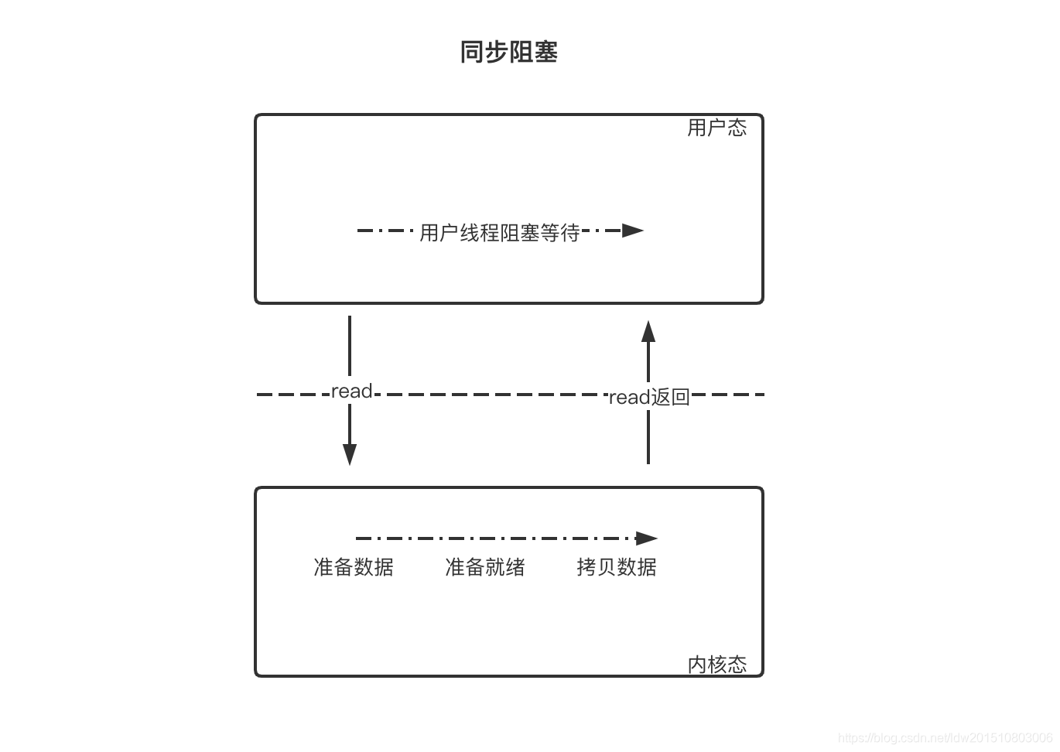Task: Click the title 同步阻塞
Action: point(508,52)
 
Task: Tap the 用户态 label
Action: point(716,128)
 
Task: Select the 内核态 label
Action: point(716,665)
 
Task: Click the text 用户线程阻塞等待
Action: point(499,232)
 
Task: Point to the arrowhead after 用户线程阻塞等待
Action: point(633,231)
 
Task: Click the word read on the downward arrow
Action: point(351,391)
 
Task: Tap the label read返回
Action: point(648,398)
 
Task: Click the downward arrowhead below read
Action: point(350,454)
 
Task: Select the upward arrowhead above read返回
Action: point(648,331)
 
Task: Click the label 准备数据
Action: point(354,567)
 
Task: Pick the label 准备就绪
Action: point(485,567)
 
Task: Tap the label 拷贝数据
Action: point(617,567)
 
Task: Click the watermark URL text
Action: point(945,738)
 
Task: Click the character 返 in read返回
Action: point(660,398)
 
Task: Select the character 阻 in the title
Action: point(521,52)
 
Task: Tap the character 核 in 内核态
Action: point(716,665)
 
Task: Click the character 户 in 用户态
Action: point(716,128)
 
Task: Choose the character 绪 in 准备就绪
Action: point(515,567)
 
